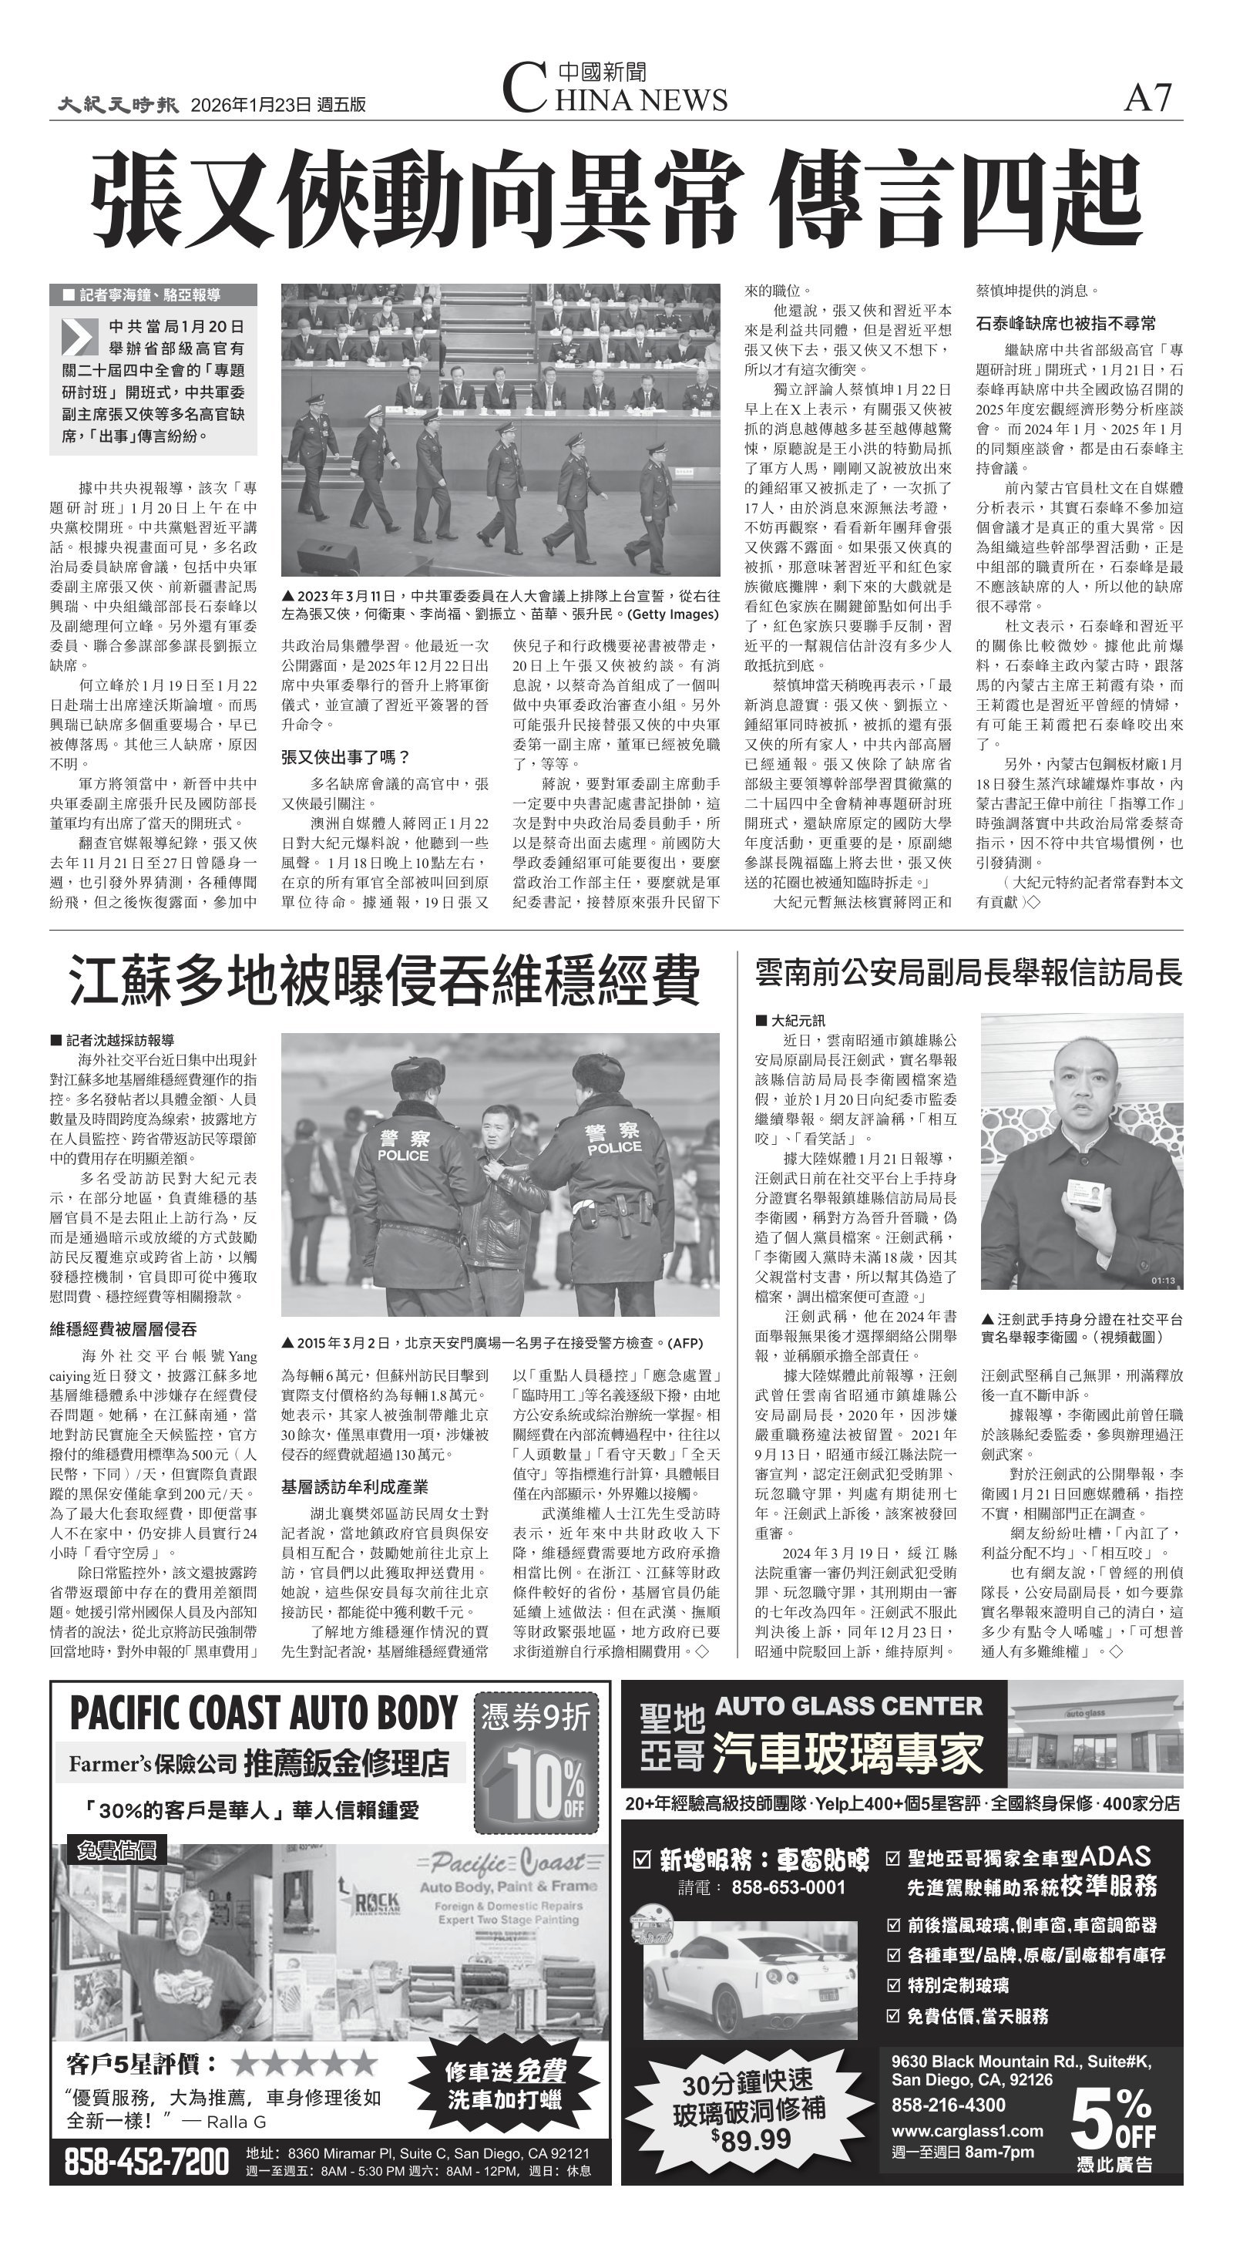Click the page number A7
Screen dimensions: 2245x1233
point(1147,98)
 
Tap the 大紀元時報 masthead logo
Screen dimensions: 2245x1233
point(119,105)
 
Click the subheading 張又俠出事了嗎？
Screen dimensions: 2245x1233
point(346,756)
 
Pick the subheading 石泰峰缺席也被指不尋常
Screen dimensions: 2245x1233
point(1066,323)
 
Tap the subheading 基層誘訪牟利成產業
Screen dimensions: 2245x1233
point(354,1487)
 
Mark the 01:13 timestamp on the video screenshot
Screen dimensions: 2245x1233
point(1162,1281)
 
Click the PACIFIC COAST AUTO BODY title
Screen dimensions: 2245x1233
point(263,1713)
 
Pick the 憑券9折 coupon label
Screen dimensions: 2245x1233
point(536,1716)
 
